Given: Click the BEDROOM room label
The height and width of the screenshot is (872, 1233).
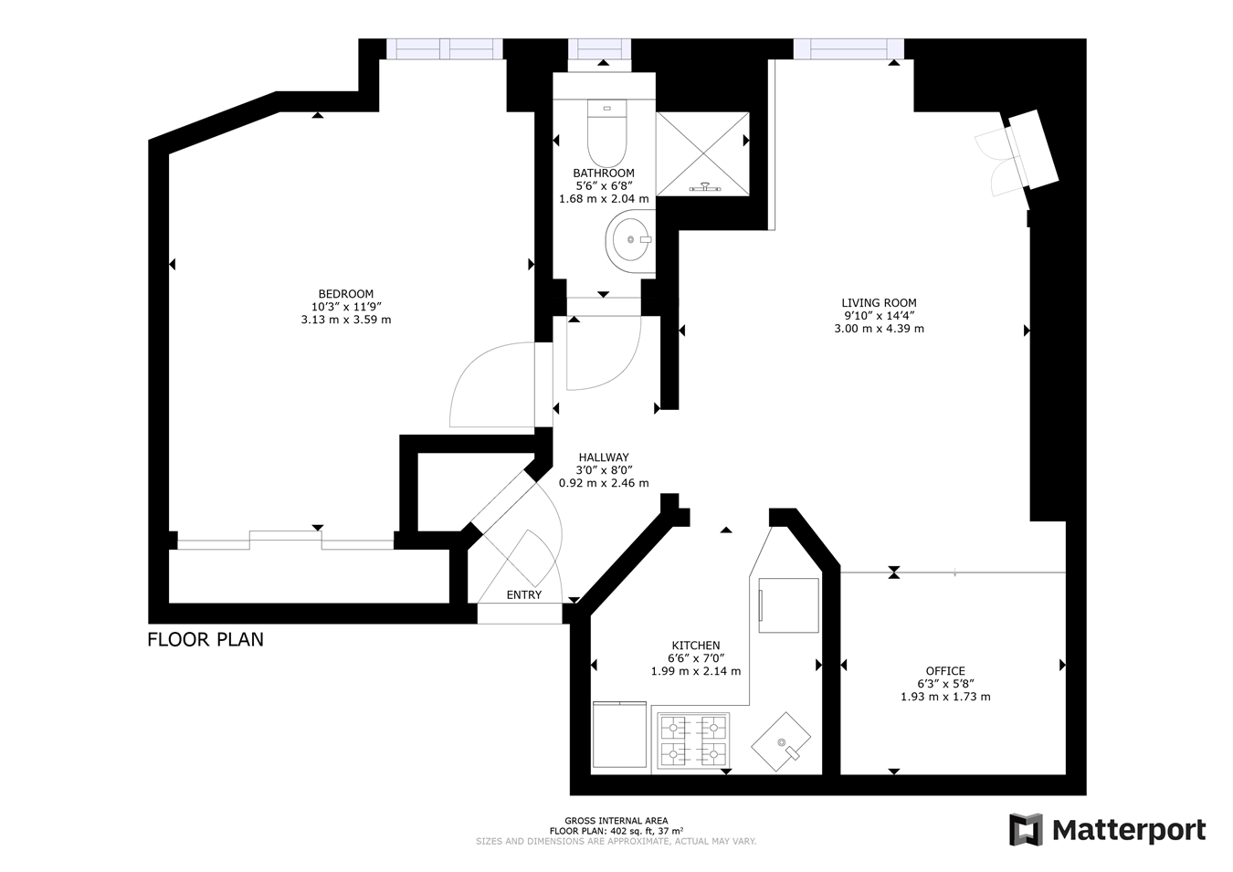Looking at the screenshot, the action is [x=345, y=294].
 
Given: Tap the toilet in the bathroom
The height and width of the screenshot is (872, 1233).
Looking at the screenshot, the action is [x=606, y=132].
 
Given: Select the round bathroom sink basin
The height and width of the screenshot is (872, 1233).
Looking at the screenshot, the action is [x=630, y=240].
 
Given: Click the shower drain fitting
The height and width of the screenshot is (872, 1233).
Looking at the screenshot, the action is [x=704, y=187].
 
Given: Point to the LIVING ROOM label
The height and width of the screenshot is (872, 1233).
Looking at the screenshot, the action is [x=879, y=302].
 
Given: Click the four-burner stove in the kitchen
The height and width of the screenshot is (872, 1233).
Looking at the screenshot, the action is [x=693, y=741].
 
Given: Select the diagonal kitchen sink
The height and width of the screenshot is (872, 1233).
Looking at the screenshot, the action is [x=781, y=741].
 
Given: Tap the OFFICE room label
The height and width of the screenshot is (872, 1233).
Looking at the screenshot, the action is [x=945, y=670].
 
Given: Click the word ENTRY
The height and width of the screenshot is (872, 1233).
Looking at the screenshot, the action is [x=524, y=594].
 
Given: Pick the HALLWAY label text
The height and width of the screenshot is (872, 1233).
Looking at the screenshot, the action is [x=604, y=457].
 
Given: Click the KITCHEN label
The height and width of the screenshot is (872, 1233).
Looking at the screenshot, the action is [x=696, y=646].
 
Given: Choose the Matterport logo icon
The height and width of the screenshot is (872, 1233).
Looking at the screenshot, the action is [x=1026, y=830].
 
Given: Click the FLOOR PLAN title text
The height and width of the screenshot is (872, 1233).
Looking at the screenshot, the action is [x=205, y=639].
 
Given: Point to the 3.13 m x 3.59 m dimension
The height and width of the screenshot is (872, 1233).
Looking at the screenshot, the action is [x=345, y=320].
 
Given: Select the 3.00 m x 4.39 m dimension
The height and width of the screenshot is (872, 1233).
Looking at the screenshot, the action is [x=879, y=329].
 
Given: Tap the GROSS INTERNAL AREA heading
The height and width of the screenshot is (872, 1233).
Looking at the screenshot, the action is [x=616, y=821].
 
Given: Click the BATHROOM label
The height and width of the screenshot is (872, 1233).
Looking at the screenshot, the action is [x=604, y=173].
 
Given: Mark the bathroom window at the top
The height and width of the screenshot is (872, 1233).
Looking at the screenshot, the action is [x=599, y=49].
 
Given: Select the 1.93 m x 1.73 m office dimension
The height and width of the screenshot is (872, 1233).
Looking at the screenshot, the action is [x=945, y=697].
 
